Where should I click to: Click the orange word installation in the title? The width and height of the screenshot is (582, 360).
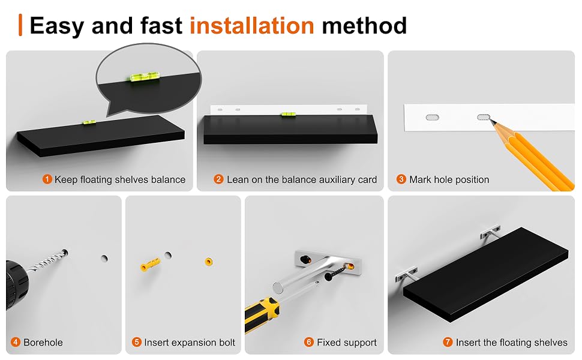[x=251, y=25]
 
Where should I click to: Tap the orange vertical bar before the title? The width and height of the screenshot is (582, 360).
[x=20, y=25]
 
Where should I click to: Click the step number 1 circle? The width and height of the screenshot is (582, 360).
[x=47, y=179]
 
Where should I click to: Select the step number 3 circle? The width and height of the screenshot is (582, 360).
[x=401, y=179]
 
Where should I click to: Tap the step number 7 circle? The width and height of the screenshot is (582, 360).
[x=448, y=342]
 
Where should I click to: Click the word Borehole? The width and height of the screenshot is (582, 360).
[x=43, y=342]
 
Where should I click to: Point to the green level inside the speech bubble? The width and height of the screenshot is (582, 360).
[x=145, y=77]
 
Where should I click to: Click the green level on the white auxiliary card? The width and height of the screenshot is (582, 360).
[x=288, y=114]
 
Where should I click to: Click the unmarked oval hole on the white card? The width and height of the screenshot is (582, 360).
[x=432, y=117]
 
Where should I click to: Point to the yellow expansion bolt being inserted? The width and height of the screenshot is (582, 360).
[x=151, y=264]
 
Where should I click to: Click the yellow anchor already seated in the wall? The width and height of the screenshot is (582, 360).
[x=209, y=262]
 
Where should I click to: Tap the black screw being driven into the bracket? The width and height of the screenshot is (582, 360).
[x=336, y=272]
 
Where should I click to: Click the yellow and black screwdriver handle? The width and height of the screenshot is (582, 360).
[x=261, y=314]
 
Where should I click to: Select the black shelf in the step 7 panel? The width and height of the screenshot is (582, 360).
[x=485, y=274]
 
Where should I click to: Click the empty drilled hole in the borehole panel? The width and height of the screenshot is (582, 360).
[x=104, y=258]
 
